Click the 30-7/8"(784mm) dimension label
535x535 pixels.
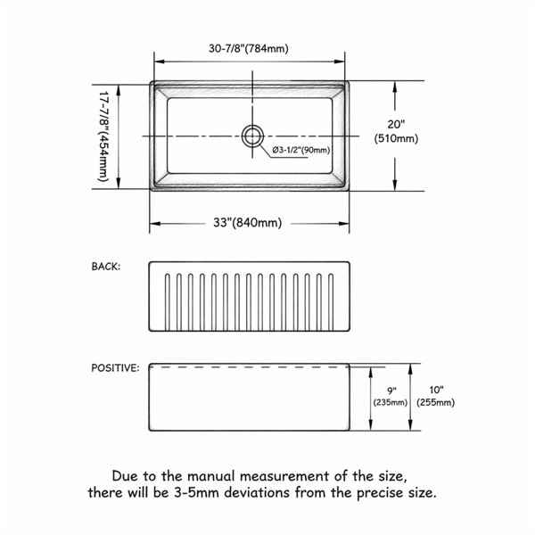click(x=249, y=48)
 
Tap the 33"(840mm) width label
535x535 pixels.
click(x=248, y=223)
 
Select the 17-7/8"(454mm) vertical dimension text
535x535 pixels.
click(x=103, y=136)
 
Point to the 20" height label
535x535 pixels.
click(x=396, y=125)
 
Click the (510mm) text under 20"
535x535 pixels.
click(x=396, y=138)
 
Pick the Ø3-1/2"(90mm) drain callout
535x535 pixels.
click(x=301, y=150)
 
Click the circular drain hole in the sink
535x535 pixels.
click(x=252, y=136)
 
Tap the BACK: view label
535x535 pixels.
click(x=106, y=267)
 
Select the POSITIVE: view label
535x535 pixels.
click(x=115, y=367)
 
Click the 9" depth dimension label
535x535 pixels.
click(x=391, y=391)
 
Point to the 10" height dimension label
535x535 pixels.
click(x=436, y=390)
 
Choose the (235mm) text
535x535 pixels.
click(x=391, y=403)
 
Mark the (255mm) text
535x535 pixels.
click(x=436, y=403)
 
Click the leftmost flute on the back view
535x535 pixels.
click(x=168, y=302)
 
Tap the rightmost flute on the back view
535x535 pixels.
click(x=330, y=302)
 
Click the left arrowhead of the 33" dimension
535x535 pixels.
click(x=155, y=224)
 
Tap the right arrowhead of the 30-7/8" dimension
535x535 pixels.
click(x=340, y=62)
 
